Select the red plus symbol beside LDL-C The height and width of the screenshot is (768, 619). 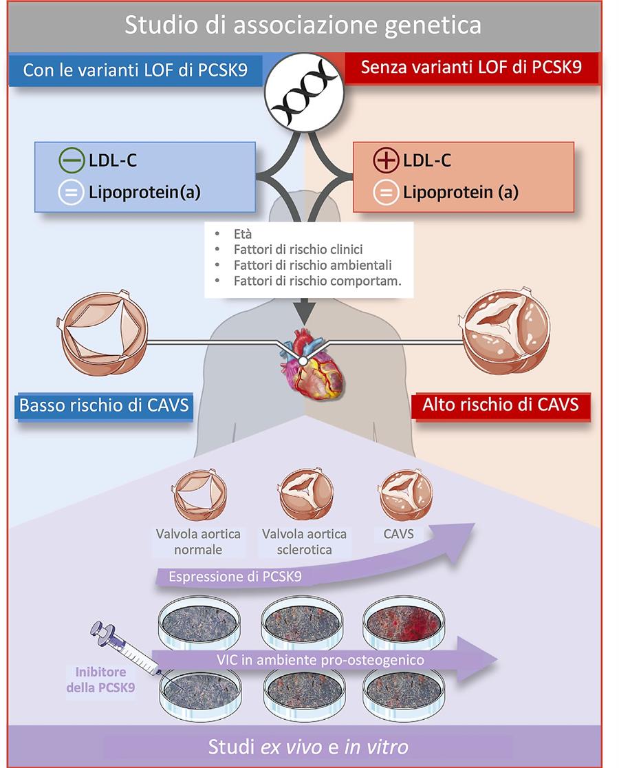(x=385, y=161)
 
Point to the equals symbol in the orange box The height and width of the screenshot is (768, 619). (x=385, y=193)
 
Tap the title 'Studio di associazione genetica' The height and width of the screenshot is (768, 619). (x=303, y=25)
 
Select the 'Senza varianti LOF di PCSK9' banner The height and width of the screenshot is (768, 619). (x=471, y=69)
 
